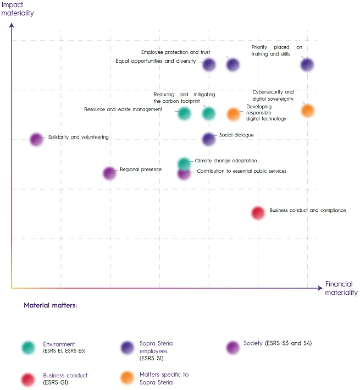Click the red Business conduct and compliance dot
tap(258, 213)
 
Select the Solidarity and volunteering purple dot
tap(36, 140)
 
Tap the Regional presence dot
tap(109, 173)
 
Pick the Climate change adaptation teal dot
tap(185, 163)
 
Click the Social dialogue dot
tap(209, 139)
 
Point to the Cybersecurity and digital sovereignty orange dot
tap(308, 111)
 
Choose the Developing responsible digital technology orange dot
tap(234, 114)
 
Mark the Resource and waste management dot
tap(185, 113)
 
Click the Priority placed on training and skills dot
tap(307, 64)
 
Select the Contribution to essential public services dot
tap(184, 173)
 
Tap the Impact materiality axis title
tap(19, 9)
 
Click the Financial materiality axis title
tap(341, 288)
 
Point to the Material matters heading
tap(51, 305)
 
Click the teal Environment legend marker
tap(29, 347)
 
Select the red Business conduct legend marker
tap(29, 378)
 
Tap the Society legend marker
tap(234, 347)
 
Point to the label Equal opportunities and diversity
tap(156, 61)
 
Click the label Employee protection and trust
tap(175, 52)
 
